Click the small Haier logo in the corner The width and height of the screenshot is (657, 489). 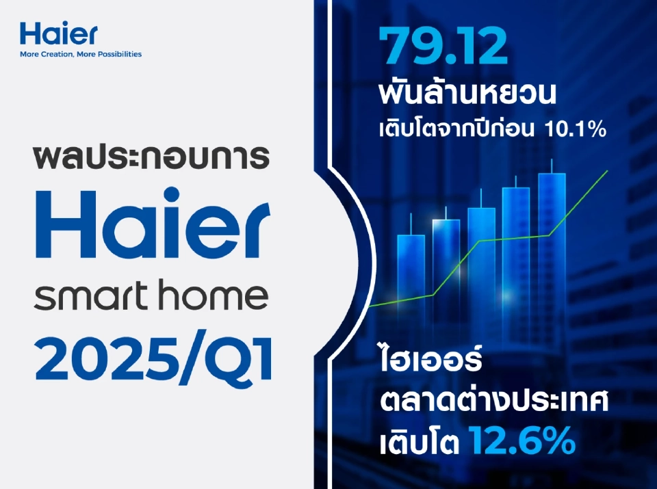click(59, 33)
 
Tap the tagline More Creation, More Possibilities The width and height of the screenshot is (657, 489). click(81, 53)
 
